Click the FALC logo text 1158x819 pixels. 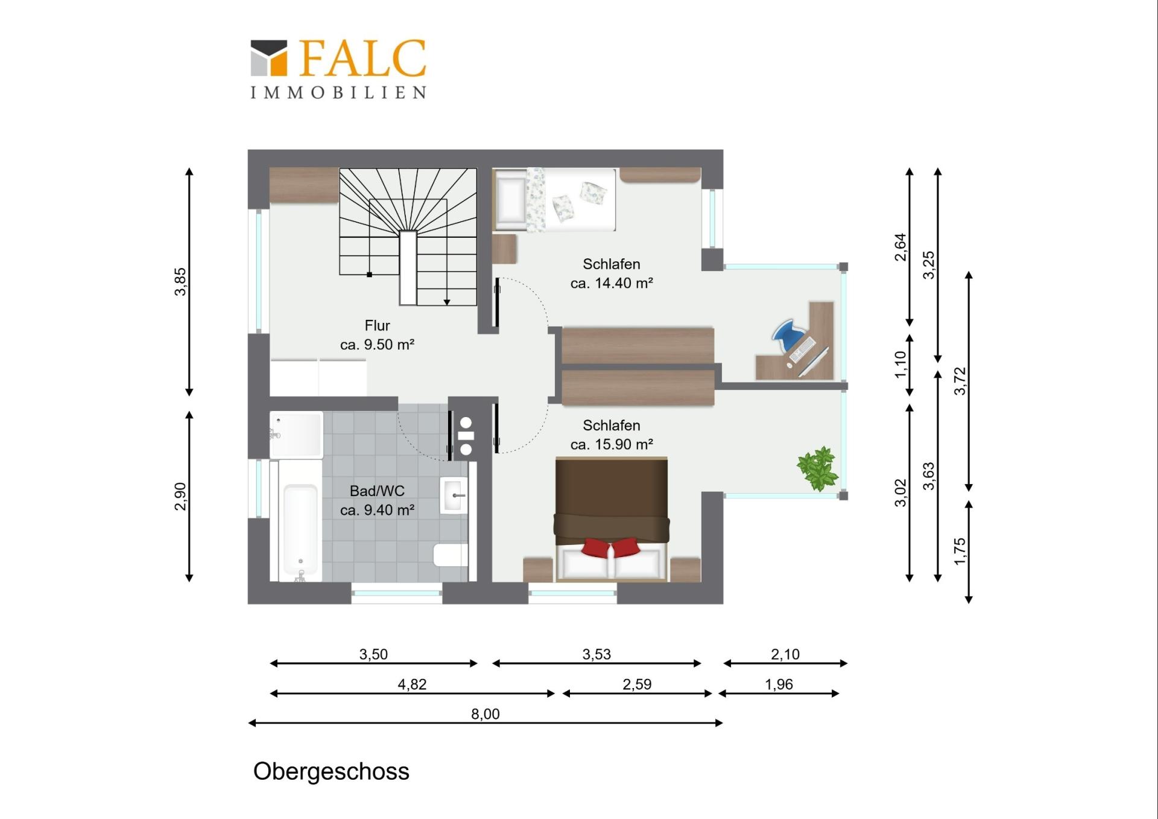coord(363,59)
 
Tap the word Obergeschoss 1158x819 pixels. coord(331,771)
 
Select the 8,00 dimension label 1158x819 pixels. coord(486,714)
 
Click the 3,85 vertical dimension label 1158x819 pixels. coord(180,281)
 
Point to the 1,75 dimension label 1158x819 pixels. coord(960,551)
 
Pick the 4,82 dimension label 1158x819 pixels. coord(412,684)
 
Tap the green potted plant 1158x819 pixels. coord(818,468)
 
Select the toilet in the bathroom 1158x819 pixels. coord(450,555)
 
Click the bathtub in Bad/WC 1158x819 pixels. coord(300,521)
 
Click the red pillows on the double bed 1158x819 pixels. coord(611,547)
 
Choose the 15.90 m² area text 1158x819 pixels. coord(612,445)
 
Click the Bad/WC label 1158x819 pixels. coord(377,491)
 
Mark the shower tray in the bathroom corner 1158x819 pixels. coord(296,435)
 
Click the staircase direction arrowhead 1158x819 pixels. coord(447,302)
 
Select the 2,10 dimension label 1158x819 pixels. coord(785,654)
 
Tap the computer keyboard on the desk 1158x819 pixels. coord(802,349)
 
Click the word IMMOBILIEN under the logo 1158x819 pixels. coord(338,92)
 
